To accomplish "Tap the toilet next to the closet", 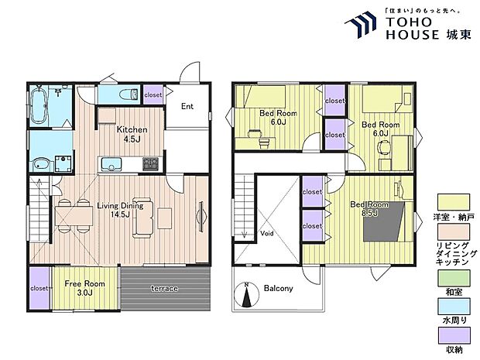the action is (x=129, y=94).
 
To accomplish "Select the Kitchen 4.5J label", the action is (x=132, y=134).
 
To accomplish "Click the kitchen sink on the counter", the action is (x=111, y=164).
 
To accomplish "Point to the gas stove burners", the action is (x=151, y=164).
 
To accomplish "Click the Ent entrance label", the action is (x=187, y=106).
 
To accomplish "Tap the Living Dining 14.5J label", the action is (x=120, y=210).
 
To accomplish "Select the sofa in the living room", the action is (x=143, y=218).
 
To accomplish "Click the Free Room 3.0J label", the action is (x=84, y=288).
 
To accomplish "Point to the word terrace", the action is (x=164, y=288).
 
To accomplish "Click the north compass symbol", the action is (x=247, y=294).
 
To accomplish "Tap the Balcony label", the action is (x=278, y=288).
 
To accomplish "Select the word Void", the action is (x=266, y=234).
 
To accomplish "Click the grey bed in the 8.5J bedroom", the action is (x=383, y=221).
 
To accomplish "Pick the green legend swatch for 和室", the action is (x=454, y=278).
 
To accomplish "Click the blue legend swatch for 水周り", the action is (x=454, y=307).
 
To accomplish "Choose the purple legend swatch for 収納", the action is (x=454, y=335).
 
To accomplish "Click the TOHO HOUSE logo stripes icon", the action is (x=362, y=24).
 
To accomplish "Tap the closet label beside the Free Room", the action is (x=39, y=288).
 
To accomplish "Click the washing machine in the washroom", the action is (x=63, y=164).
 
